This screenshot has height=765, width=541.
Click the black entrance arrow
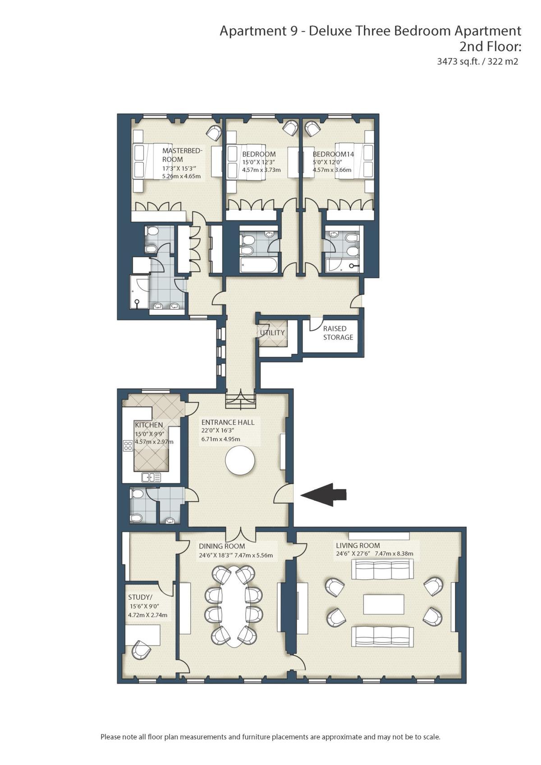tap(323, 494)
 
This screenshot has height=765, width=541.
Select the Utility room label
tap(272, 333)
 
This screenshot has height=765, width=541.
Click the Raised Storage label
tap(338, 333)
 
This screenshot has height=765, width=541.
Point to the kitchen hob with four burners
tap(128, 446)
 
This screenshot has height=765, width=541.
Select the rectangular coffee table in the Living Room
tap(384, 604)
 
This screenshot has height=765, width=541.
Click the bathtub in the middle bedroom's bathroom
tap(259, 265)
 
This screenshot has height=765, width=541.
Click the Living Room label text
tap(358, 545)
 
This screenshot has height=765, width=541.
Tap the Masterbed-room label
tap(183, 155)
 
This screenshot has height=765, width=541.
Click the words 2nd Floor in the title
tap(490, 46)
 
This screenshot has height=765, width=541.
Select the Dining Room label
tap(222, 546)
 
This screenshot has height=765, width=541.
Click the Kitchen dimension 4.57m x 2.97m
tap(154, 442)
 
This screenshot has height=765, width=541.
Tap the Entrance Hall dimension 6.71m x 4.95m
tap(220, 439)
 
